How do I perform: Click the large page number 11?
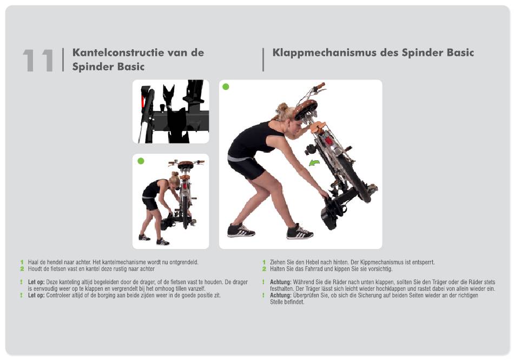point(38,60)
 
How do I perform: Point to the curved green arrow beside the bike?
point(314,162)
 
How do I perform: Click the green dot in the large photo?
point(226,87)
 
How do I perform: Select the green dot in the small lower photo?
point(141,161)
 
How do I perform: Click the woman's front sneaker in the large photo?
point(300,232)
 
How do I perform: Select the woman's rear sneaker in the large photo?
point(241,230)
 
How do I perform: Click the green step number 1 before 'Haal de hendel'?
point(22,263)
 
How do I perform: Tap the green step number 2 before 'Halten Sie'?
point(264,269)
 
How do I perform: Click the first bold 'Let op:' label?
point(36,282)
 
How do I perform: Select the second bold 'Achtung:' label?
point(281,296)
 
